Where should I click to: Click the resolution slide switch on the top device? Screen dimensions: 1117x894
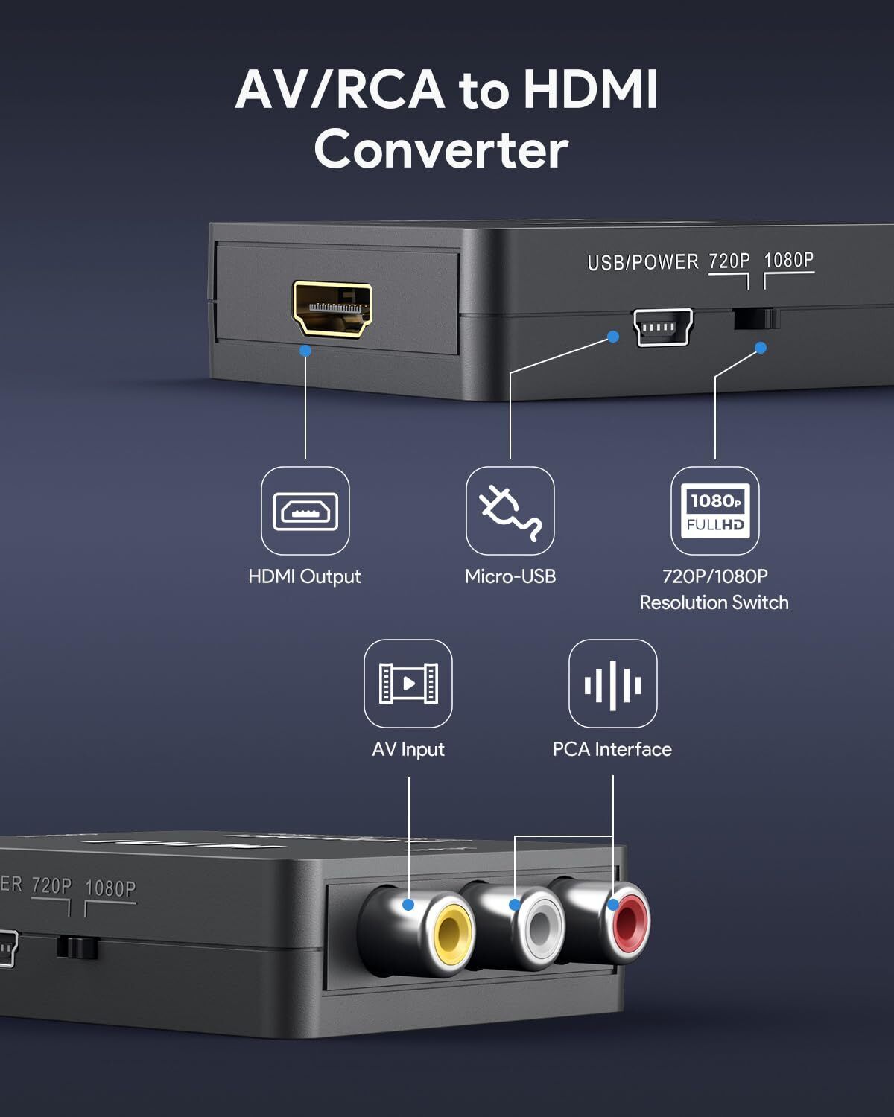(755, 319)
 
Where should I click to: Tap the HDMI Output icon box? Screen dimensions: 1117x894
(305, 511)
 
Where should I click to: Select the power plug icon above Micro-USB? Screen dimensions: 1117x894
(510, 511)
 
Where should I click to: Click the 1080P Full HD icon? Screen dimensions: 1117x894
(715, 511)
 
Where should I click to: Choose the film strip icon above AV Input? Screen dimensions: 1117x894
(408, 684)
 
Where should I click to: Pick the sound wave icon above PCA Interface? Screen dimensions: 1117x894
(613, 684)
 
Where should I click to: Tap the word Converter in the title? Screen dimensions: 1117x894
(441, 150)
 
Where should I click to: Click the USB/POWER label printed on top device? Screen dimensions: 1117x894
(643, 262)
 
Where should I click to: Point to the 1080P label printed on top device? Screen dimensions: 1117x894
(789, 260)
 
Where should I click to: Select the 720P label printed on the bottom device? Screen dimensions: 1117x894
(51, 885)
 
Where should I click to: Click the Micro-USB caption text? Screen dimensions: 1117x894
(510, 576)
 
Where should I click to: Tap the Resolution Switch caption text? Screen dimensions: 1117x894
(714, 602)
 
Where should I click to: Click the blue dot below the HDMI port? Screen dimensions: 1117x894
(305, 350)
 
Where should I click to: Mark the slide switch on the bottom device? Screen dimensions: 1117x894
(77, 948)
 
